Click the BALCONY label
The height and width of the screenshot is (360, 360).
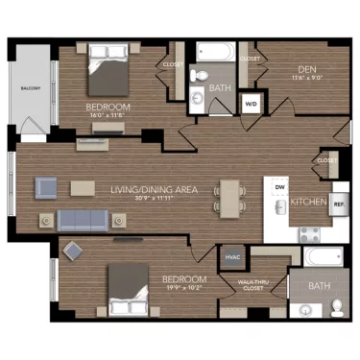pos(30,88)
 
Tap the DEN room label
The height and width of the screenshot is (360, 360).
pos(307,69)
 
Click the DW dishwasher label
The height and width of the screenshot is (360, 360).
pos(279,186)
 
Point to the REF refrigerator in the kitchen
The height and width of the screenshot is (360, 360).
pos(338,204)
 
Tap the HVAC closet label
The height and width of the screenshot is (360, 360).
pos(231,257)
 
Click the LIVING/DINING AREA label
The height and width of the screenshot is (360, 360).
pos(154,190)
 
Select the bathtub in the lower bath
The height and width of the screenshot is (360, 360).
pos(324,257)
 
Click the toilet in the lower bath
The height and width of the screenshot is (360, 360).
pos(337,307)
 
